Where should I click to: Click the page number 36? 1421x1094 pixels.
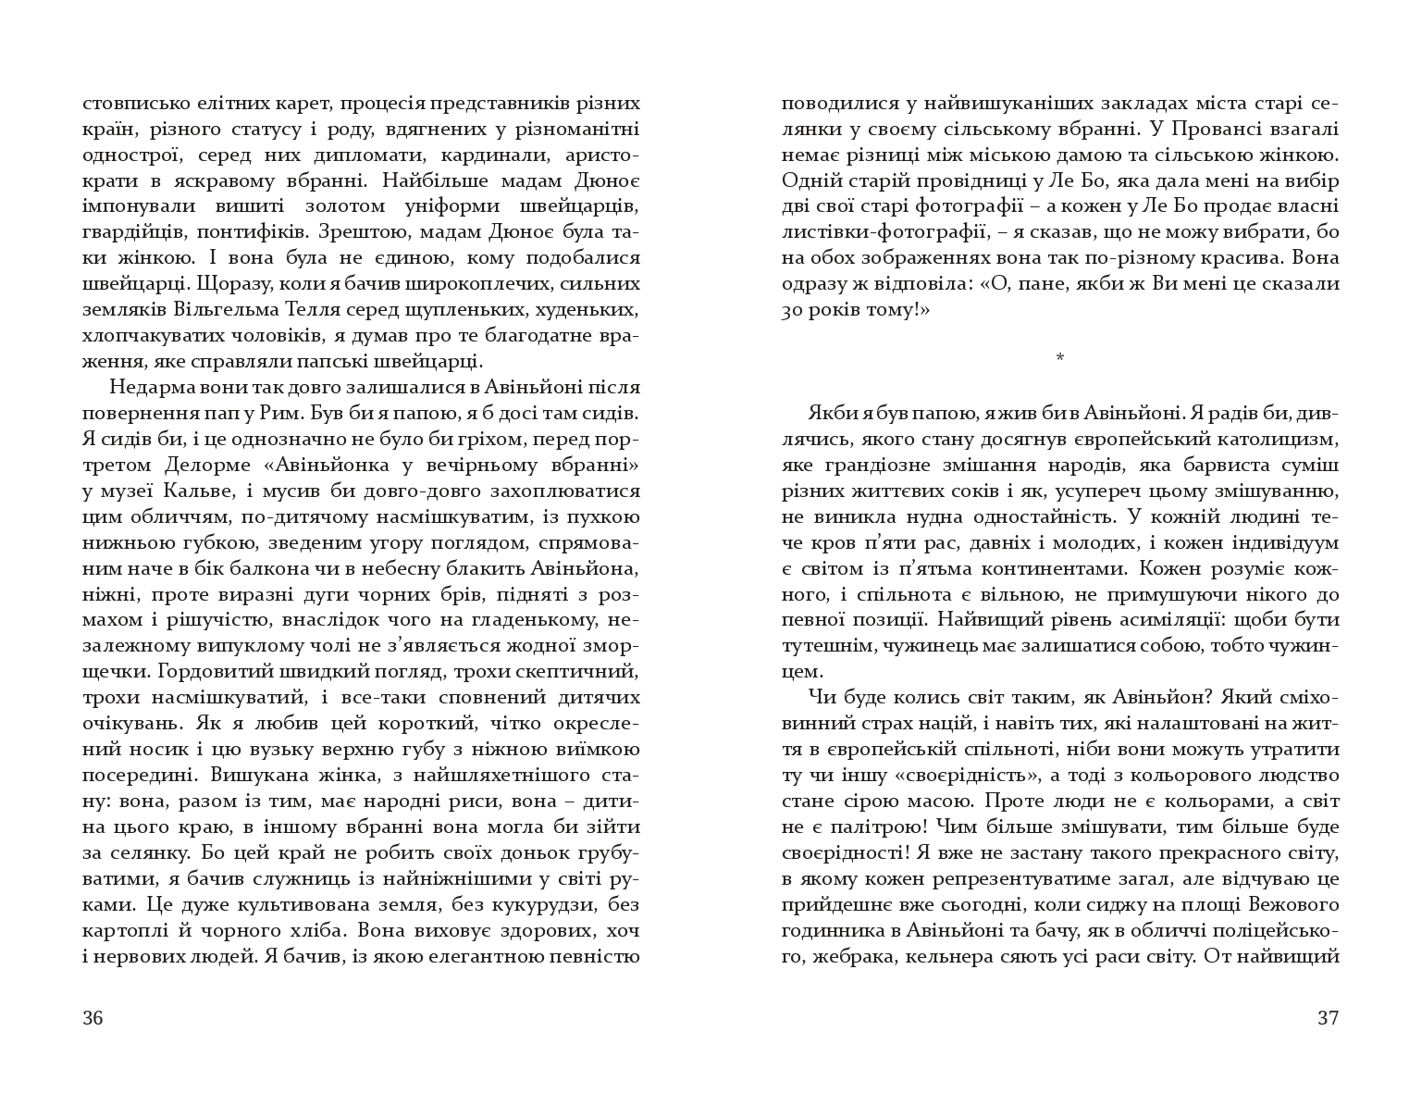coord(93,1019)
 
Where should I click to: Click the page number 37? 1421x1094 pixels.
coord(1328,1019)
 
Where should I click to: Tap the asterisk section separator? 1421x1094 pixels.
coord(1060,357)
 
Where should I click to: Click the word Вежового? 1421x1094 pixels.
coord(1293,903)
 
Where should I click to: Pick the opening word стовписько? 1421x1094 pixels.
coord(137,103)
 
